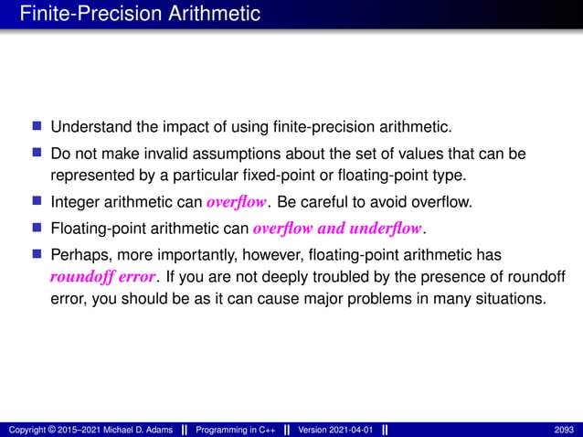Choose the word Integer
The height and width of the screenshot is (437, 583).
click(x=76, y=200)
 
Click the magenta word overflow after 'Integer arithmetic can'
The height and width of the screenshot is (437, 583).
click(x=237, y=200)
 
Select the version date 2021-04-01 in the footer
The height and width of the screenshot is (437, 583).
click(x=350, y=430)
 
